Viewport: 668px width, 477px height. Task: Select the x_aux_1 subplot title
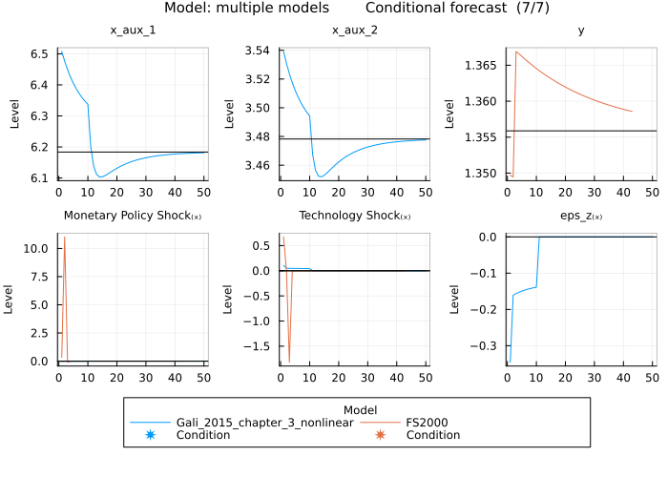[133, 31]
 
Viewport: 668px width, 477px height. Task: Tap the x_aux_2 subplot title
[354, 31]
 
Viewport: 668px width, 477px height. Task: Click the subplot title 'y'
[581, 31]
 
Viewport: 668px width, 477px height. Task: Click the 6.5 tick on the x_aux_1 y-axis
[40, 55]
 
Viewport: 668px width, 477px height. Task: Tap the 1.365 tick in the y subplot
[480, 66]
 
